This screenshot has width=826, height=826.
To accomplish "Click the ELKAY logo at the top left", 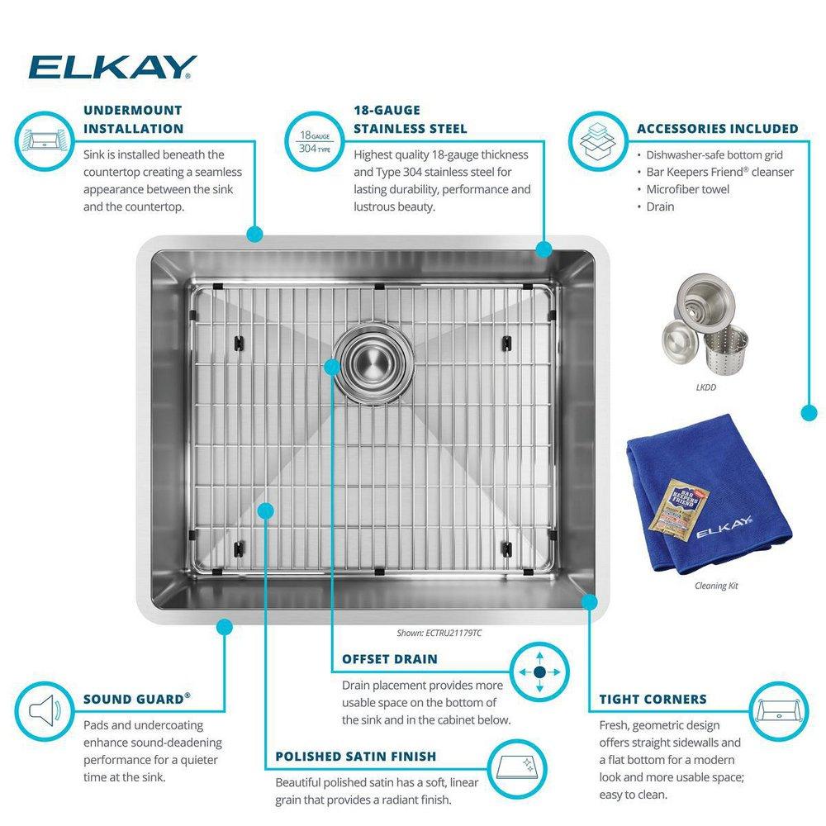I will click(x=112, y=67).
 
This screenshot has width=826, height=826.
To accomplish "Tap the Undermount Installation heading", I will click(x=133, y=119).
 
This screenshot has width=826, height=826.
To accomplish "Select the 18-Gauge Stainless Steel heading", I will click(x=410, y=119).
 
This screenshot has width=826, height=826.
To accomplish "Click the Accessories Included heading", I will click(x=717, y=129).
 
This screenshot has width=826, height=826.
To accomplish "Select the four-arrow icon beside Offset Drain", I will click(x=539, y=673).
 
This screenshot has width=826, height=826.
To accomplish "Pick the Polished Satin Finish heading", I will click(x=355, y=756).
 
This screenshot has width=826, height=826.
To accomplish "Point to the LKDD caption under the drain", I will click(x=705, y=386).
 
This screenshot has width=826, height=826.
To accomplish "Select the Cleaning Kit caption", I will click(x=716, y=586).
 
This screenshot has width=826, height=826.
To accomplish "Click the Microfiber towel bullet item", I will click(x=688, y=189).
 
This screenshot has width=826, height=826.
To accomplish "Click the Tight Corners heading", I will click(x=653, y=699).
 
